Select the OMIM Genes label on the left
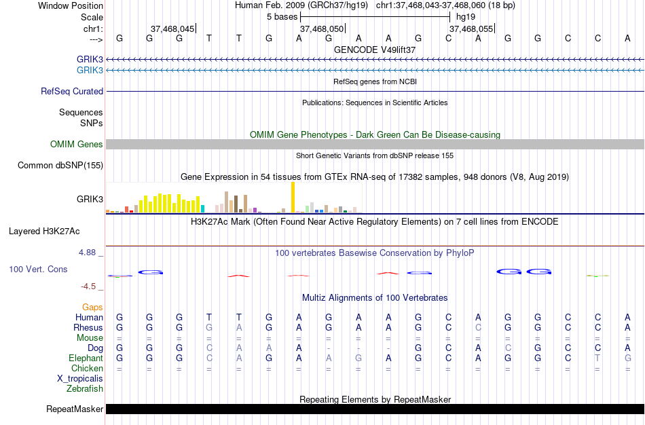[77, 144]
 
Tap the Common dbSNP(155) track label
[60, 165]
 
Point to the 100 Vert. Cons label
[38, 269]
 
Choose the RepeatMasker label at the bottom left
[75, 409]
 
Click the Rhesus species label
[88, 327]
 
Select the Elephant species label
[86, 358]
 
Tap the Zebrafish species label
[85, 389]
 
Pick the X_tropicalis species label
[80, 379]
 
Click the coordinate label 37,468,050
[322, 29]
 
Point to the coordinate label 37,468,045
[172, 29]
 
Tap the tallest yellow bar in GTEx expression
[293, 198]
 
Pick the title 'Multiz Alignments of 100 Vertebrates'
[375, 297]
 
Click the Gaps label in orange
[93, 307]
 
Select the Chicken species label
[87, 368]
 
